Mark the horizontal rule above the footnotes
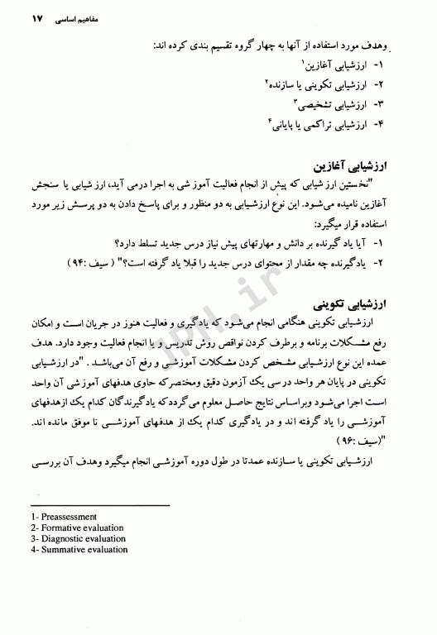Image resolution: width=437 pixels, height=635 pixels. (x=98, y=504)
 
